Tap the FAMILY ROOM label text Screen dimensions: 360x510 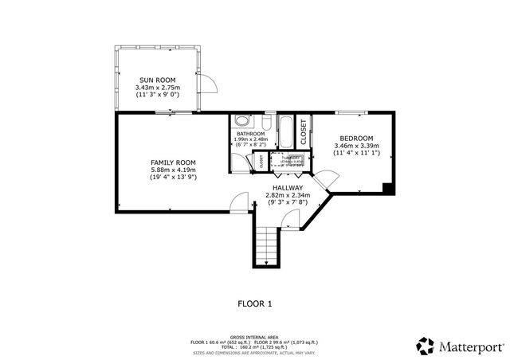pos(173,162)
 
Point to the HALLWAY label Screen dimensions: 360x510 pos(288,188)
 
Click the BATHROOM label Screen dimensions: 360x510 pos(250,134)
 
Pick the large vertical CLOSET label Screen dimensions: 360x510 pos(303,131)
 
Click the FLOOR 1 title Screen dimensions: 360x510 pos(255,303)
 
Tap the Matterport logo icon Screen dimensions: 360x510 pos(425,346)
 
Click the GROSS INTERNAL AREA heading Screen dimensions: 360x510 pos(255,336)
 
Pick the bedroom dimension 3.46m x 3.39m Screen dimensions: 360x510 pos(355,146)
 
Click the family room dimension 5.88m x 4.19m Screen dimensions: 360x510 pos(173,170)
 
